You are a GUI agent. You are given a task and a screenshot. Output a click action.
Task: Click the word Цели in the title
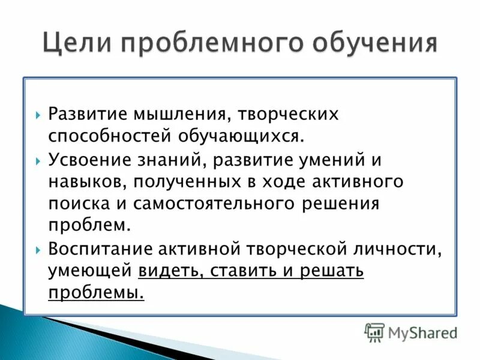[x=78, y=44]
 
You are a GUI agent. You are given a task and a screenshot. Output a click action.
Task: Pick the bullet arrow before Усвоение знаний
[x=38, y=161]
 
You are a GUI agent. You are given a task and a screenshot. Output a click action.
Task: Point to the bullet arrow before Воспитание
[x=38, y=248]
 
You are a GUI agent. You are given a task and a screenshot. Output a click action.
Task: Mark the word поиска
[x=74, y=203]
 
